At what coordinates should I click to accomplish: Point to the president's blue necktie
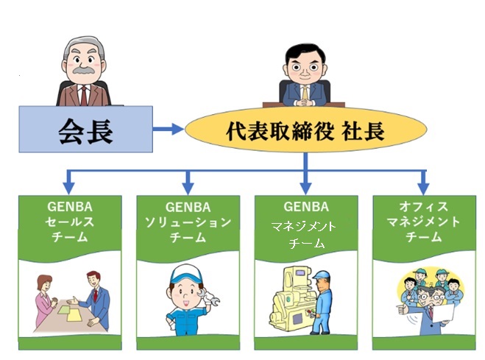pyautogui.click(x=306, y=93)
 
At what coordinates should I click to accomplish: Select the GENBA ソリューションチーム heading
pyautogui.click(x=188, y=220)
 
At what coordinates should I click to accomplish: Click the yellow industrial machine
pyautogui.click(x=286, y=303)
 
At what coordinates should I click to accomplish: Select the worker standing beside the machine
pyautogui.click(x=322, y=302)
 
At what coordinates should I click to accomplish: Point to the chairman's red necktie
pyautogui.click(x=83, y=93)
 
